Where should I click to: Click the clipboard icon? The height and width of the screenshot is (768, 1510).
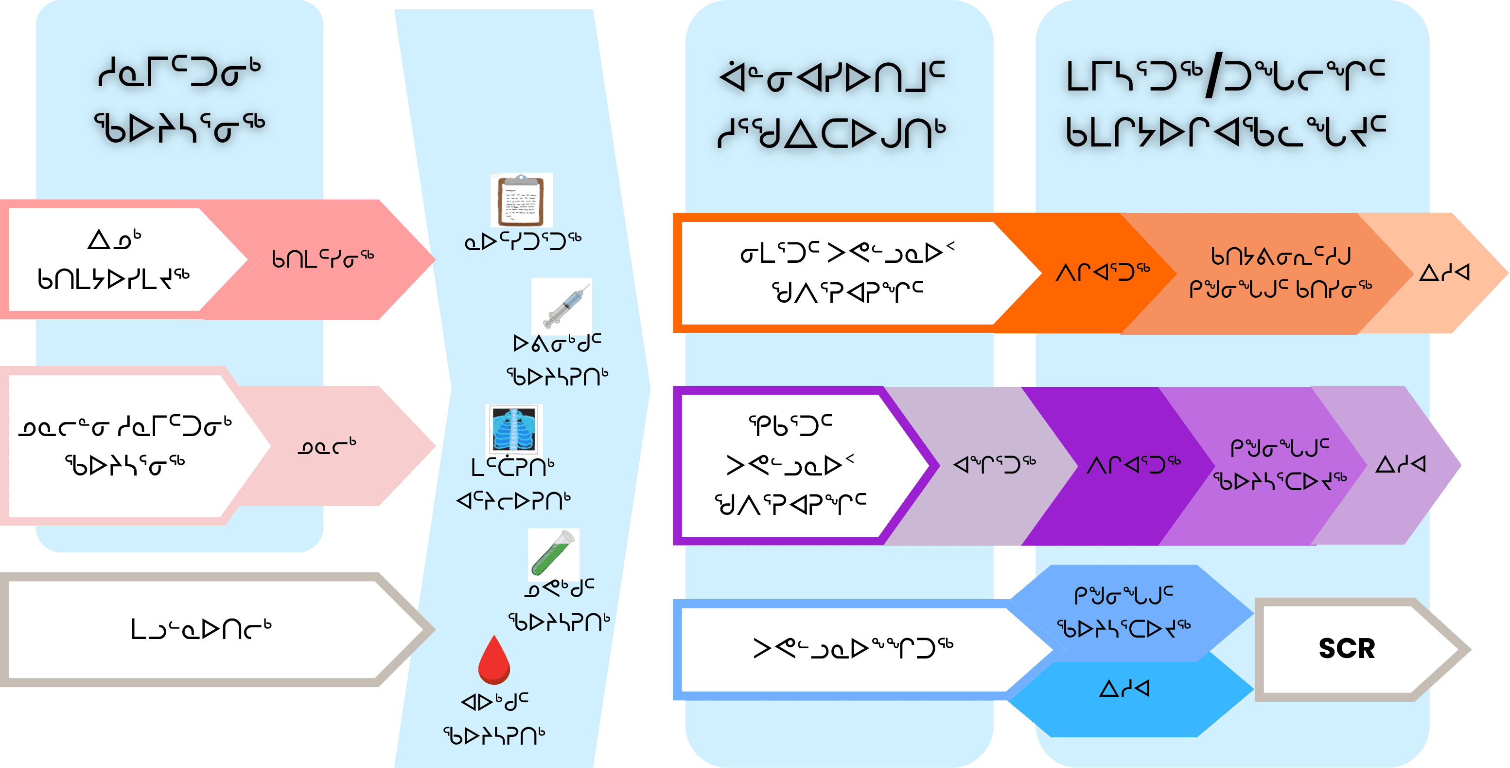[521, 201]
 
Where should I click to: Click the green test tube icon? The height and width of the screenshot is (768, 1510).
[553, 553]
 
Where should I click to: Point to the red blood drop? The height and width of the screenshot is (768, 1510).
[494, 660]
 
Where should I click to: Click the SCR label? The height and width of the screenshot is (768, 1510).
[1347, 649]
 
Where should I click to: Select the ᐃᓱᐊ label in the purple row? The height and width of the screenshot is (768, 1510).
[1400, 465]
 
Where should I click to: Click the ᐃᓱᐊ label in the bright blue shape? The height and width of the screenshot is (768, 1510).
[1124, 688]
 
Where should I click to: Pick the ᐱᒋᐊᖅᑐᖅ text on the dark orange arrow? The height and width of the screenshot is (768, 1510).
[1102, 272]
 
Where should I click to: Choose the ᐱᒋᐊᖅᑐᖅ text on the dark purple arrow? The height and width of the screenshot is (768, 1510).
[1133, 465]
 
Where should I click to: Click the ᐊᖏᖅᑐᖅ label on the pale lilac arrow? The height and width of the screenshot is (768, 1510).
[994, 465]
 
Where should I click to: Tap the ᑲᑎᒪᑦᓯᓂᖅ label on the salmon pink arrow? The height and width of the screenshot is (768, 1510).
[322, 258]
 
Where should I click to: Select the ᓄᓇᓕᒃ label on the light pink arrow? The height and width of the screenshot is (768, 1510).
[327, 447]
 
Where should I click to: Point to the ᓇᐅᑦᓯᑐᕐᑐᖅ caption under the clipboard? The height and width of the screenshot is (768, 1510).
[522, 240]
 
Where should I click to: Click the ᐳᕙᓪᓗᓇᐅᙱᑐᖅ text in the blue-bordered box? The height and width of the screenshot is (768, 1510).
[853, 648]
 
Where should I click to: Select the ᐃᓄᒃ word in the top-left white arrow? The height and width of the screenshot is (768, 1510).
[114, 240]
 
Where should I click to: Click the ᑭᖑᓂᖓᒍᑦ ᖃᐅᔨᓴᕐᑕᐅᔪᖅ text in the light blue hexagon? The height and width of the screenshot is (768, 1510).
[1123, 611]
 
